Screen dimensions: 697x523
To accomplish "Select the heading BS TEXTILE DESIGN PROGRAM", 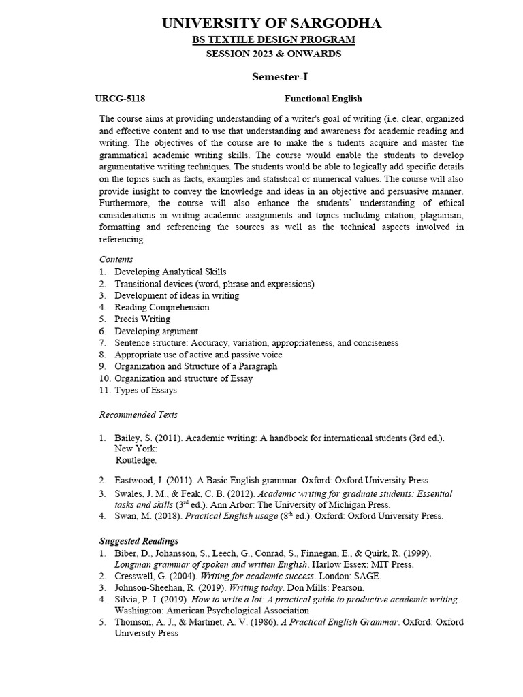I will click(273, 39).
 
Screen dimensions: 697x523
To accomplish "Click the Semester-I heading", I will click(274, 76).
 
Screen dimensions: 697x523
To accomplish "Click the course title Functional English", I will click(323, 99).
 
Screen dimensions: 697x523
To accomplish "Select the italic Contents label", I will click(116, 259).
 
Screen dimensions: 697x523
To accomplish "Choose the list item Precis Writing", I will click(142, 319).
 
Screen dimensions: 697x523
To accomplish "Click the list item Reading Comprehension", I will click(162, 307).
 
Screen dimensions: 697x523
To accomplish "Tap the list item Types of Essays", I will click(146, 391).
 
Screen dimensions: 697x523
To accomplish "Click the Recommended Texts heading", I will click(138, 415).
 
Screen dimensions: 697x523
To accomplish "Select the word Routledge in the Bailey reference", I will click(136, 460).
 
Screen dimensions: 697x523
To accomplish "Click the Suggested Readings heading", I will click(139, 541).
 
